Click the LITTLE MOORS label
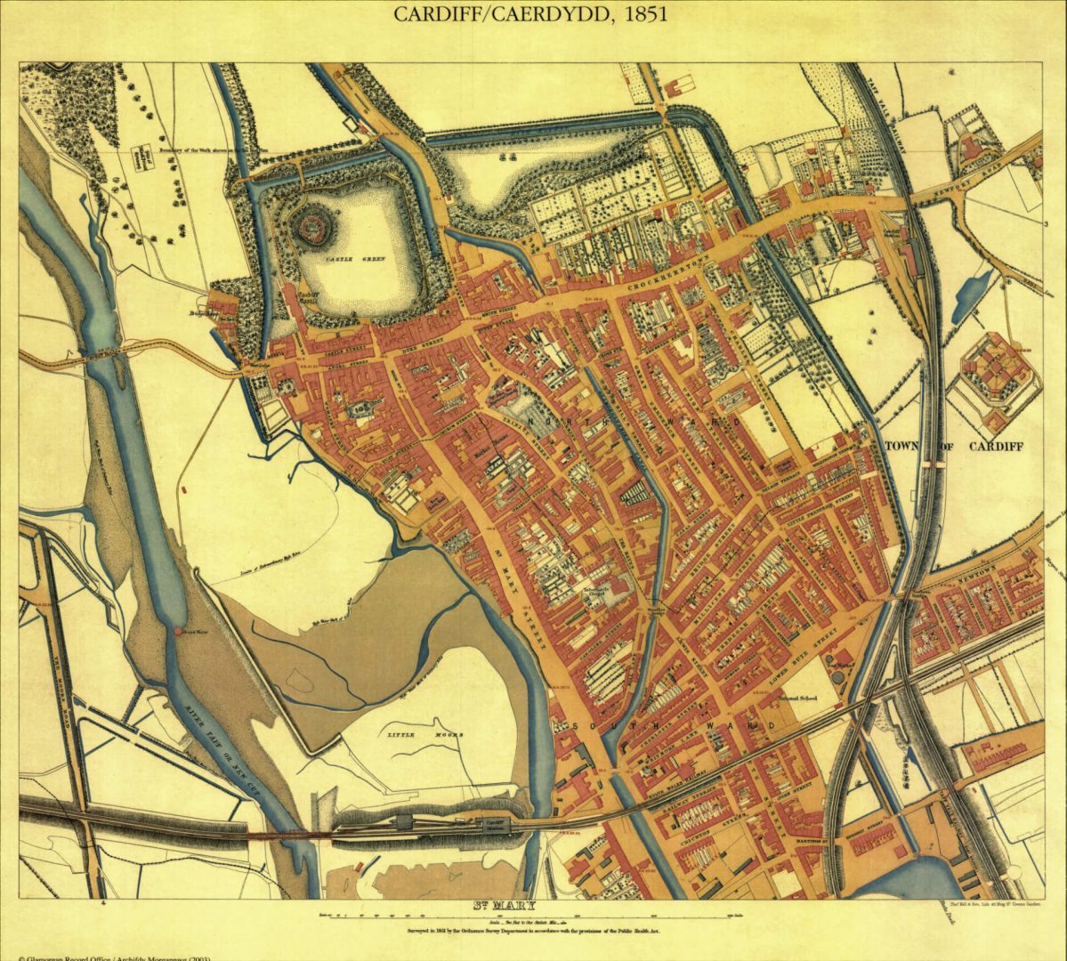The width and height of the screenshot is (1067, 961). pyautogui.click(x=408, y=735)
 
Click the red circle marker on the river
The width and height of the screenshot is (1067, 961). pyautogui.click(x=178, y=632)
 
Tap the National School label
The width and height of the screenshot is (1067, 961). pyautogui.click(x=797, y=699)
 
